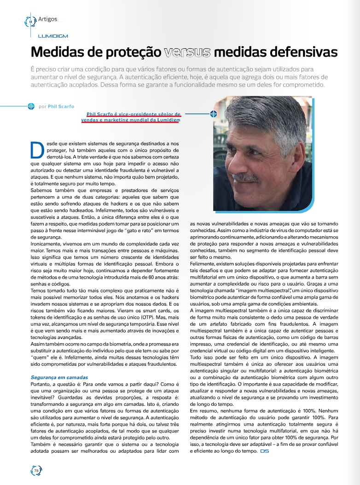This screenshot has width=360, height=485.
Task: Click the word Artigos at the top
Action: (x=48, y=19)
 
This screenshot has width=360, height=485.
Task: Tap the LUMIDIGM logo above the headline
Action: (x=53, y=35)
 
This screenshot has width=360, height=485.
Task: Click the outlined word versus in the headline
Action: (x=187, y=52)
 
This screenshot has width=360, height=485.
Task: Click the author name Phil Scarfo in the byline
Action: (x=61, y=106)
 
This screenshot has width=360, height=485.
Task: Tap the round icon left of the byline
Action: (x=31, y=106)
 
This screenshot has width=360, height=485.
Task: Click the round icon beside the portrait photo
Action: (x=214, y=114)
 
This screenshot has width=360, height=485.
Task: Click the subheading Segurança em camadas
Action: (x=59, y=377)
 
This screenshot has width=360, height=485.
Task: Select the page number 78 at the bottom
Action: (x=36, y=470)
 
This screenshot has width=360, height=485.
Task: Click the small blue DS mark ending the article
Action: (x=264, y=451)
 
